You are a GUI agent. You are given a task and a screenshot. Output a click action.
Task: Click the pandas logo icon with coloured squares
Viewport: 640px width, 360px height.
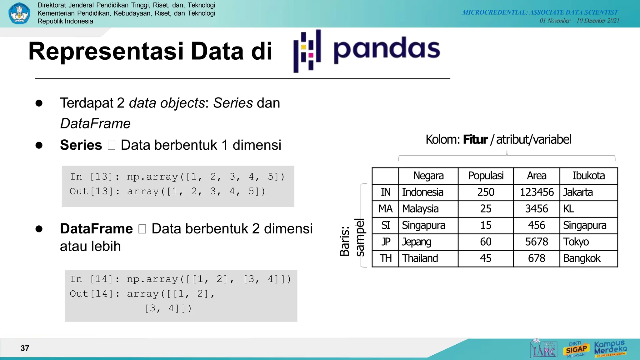307,51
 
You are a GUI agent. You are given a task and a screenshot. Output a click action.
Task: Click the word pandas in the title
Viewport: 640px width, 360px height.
387,49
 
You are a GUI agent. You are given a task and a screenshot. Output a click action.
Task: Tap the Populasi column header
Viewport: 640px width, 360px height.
486,176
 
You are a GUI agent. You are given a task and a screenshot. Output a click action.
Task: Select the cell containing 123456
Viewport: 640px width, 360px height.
537,192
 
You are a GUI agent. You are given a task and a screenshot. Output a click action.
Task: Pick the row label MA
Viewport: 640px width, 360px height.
385,209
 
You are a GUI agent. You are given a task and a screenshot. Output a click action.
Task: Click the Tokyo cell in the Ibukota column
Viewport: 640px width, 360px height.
576,242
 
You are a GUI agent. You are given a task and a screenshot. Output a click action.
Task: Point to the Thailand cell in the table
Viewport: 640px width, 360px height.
420,258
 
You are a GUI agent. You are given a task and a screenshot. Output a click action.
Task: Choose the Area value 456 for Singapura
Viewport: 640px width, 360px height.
537,225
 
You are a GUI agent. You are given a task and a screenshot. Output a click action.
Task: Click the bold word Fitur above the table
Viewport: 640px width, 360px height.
475,139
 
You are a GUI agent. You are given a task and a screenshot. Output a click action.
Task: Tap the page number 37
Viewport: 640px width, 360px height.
25,348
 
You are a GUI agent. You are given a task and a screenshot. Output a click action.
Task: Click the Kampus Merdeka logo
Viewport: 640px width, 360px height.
610,348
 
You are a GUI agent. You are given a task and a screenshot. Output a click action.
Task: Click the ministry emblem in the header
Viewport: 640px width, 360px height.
19,13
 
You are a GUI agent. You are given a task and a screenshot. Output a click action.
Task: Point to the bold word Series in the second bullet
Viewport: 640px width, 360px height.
81,145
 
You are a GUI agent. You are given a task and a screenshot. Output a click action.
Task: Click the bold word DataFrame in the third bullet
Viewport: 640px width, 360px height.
96,229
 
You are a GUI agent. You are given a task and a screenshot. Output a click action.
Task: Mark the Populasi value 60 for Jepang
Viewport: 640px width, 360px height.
486,242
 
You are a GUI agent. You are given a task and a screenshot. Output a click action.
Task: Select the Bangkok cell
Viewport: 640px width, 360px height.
582,258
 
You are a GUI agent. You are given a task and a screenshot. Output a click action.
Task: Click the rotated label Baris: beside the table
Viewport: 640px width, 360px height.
344,241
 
